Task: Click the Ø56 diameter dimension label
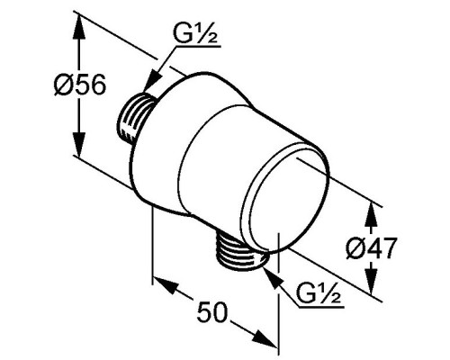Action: (x=80, y=84)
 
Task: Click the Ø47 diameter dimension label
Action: (x=372, y=247)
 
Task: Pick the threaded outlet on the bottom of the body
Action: (x=240, y=250)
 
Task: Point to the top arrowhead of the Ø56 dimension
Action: (x=78, y=27)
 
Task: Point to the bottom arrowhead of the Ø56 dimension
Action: (x=78, y=145)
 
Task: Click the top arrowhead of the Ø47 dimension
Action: (x=371, y=215)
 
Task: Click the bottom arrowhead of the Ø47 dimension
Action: (x=371, y=281)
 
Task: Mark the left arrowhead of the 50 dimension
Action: (x=164, y=285)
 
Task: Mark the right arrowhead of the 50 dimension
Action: (x=265, y=339)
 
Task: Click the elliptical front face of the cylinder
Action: (x=285, y=197)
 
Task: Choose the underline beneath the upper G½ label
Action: (x=199, y=47)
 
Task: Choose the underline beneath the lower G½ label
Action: (x=320, y=307)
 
